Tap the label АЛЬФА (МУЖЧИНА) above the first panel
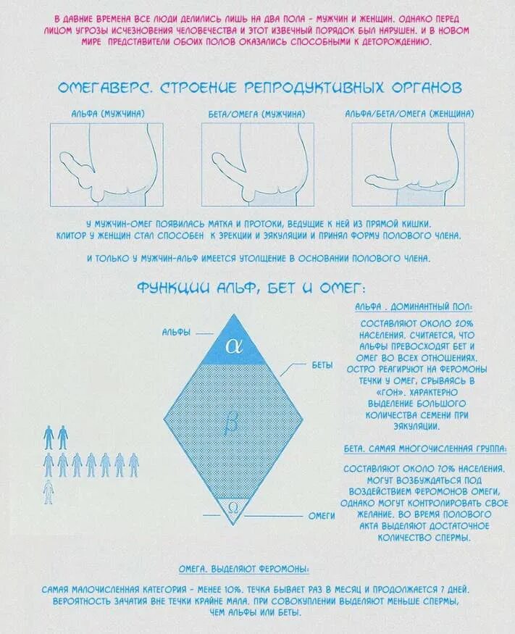tap(107, 114)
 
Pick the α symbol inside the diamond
tap(233, 346)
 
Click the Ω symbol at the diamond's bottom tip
tap(233, 506)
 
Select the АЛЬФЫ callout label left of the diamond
tap(176, 333)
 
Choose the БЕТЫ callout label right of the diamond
tap(322, 366)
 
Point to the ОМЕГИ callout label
tap(322, 515)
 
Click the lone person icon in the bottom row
tap(48, 492)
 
